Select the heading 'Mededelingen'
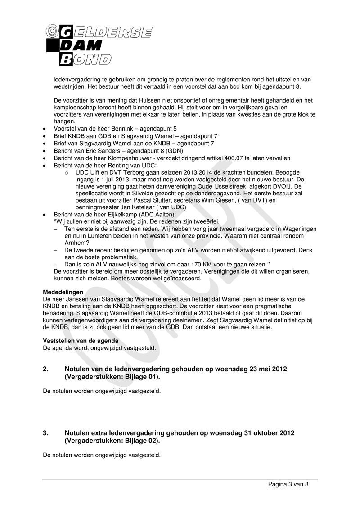pyautogui.click(x=63, y=292)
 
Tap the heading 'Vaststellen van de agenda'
pyautogui.click(x=81, y=341)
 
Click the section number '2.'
pyautogui.click(x=46, y=369)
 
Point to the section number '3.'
pyautogui.click(x=46, y=433)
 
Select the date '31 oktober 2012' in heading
pyautogui.click(x=269, y=433)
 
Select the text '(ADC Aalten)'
pyautogui.click(x=159, y=214)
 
